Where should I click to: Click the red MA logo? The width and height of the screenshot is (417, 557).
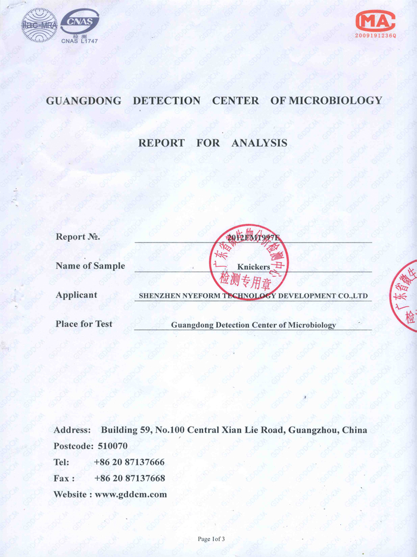click(x=375, y=21)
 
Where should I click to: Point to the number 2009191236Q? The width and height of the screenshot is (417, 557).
click(x=375, y=36)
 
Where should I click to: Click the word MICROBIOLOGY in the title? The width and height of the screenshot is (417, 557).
click(x=335, y=101)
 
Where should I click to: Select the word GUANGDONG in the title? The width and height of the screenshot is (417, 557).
click(x=83, y=101)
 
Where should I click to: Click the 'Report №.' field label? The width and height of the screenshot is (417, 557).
click(x=77, y=237)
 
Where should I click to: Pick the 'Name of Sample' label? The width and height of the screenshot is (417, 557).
click(x=90, y=266)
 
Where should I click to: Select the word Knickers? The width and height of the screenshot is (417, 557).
click(x=253, y=267)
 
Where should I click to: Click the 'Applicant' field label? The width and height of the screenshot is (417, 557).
click(x=76, y=295)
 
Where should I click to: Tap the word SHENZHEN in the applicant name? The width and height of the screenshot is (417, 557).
click(x=158, y=295)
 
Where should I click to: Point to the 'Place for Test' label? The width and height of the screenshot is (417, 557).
click(x=84, y=324)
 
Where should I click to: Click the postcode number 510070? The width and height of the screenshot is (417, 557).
click(x=113, y=446)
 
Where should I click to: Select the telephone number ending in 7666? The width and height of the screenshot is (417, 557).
click(x=129, y=462)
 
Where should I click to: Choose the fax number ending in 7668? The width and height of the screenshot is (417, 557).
click(x=129, y=478)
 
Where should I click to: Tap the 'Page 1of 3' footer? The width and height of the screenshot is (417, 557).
click(x=211, y=539)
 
